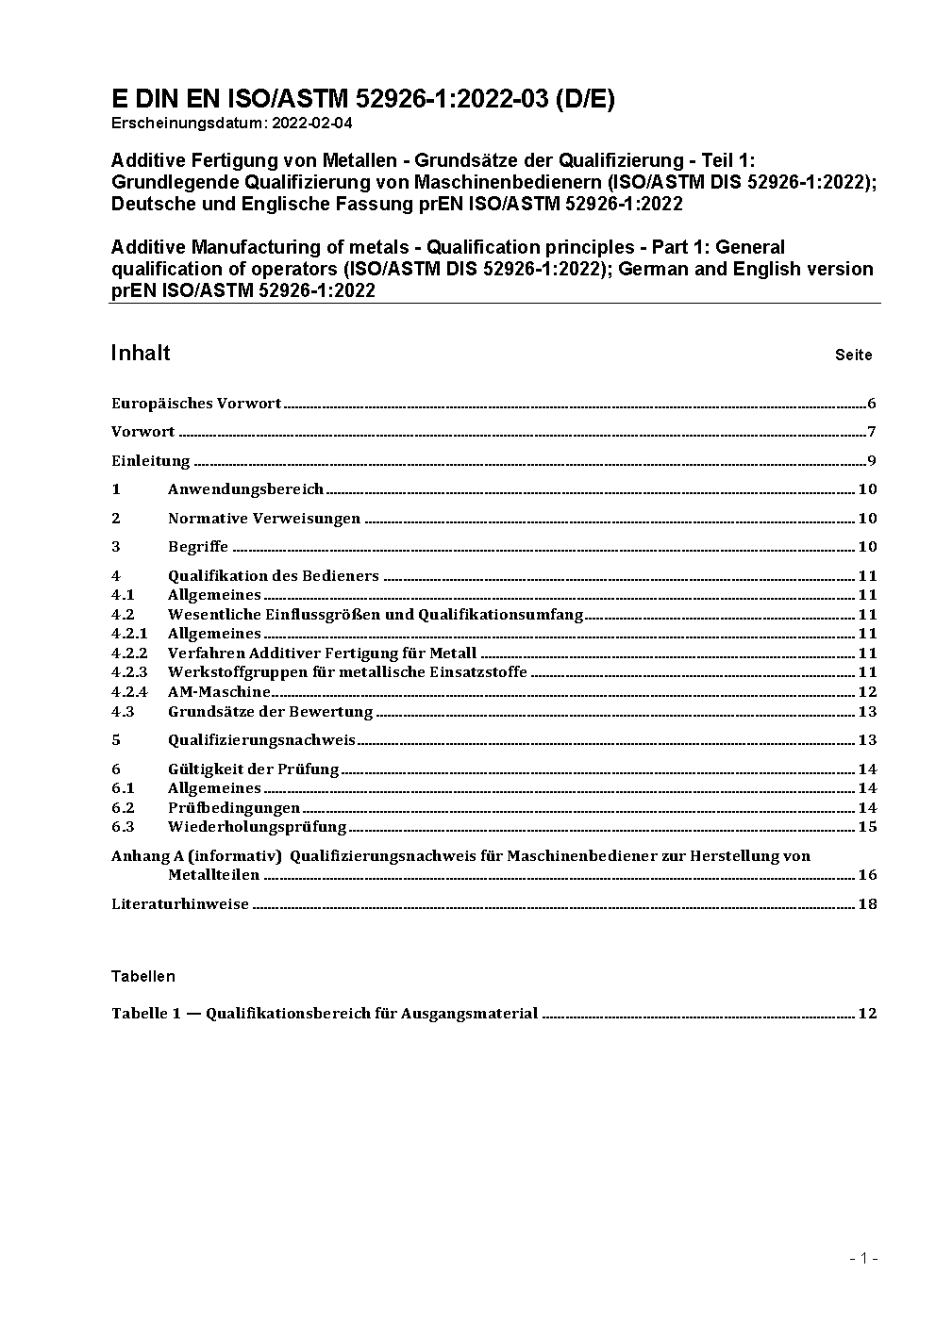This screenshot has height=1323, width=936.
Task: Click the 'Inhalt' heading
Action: (141, 353)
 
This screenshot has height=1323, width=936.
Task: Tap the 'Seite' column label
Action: (853, 356)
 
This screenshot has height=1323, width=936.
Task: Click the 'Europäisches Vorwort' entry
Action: (196, 404)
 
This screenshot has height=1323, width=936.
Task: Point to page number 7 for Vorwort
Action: (873, 433)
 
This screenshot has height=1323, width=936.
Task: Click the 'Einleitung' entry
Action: (151, 461)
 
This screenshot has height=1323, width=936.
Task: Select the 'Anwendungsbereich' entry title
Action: (245, 489)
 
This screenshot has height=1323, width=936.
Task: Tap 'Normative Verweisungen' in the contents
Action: (264, 519)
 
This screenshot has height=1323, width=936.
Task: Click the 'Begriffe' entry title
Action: (198, 547)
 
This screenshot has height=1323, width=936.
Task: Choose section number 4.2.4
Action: (129, 692)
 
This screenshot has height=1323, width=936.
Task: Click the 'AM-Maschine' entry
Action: (219, 692)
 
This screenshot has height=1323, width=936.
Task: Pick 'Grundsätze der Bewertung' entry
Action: (270, 712)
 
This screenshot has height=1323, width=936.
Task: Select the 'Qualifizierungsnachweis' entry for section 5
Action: (261, 740)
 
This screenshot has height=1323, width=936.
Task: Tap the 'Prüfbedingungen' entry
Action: (234, 808)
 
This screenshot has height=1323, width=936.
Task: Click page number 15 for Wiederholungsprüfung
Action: (867, 827)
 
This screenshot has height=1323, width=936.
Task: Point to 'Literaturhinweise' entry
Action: (180, 904)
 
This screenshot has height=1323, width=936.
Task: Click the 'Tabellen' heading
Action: (142, 976)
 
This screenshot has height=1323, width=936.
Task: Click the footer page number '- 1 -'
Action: (862, 1259)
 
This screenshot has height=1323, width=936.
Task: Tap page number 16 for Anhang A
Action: (867, 875)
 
